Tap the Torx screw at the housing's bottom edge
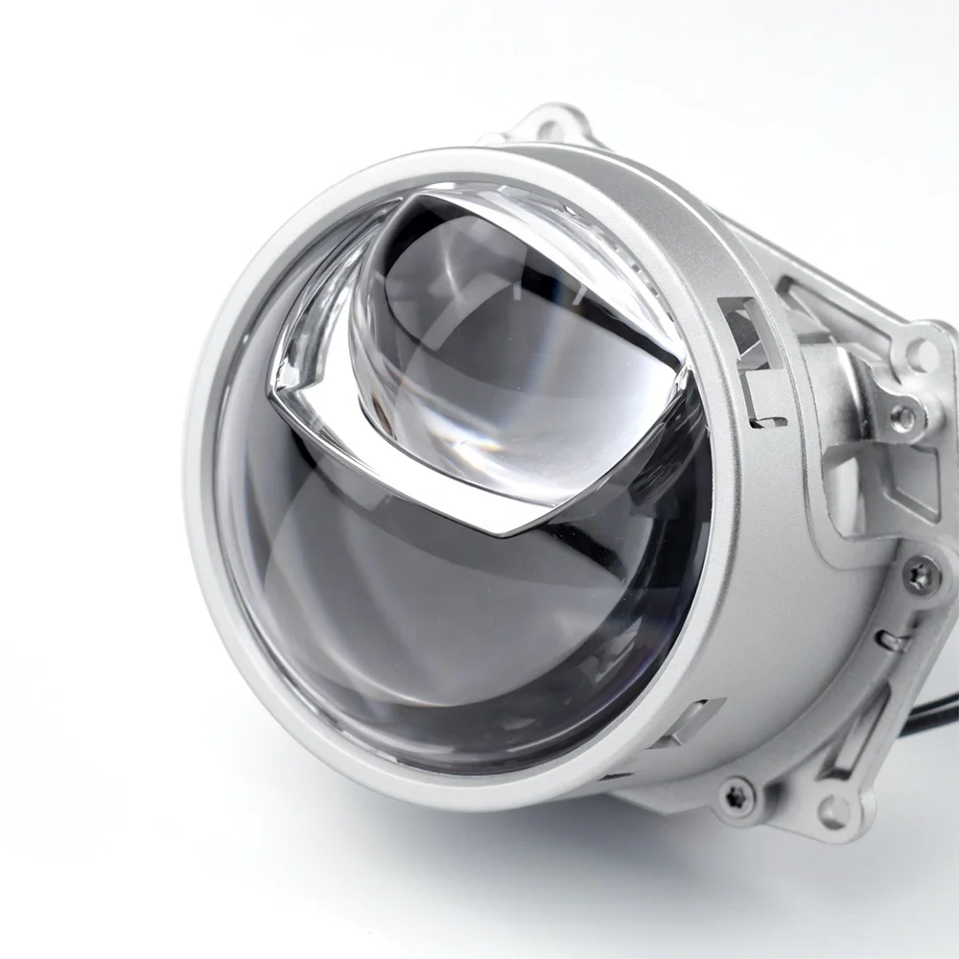(x=737, y=793)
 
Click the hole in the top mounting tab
(x=554, y=128)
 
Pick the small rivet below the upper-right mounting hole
(x=902, y=417)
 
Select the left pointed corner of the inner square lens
(x=278, y=393)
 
